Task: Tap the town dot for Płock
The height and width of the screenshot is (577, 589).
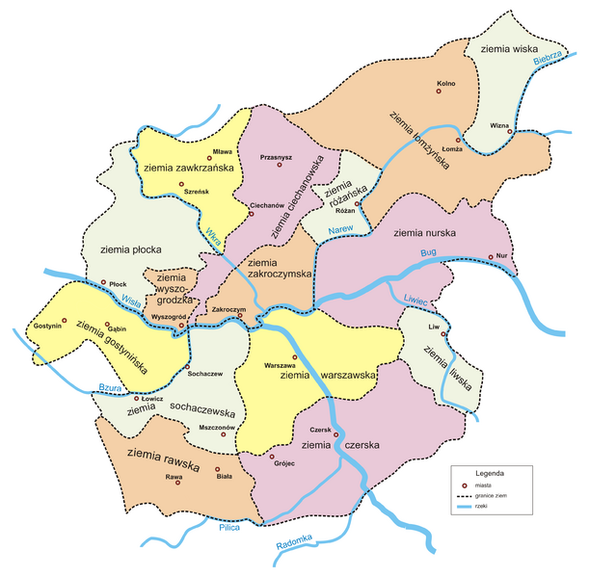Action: point(104,282)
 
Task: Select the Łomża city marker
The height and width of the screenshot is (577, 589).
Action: point(458,140)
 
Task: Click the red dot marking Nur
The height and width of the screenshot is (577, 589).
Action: point(491,257)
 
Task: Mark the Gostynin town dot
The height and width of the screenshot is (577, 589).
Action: point(65,320)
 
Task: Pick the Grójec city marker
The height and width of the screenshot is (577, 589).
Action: point(272,457)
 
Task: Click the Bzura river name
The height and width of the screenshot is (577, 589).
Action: point(113,387)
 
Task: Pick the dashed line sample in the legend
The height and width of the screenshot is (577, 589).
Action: point(465,496)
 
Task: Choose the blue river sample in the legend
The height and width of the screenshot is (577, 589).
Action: point(465,506)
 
